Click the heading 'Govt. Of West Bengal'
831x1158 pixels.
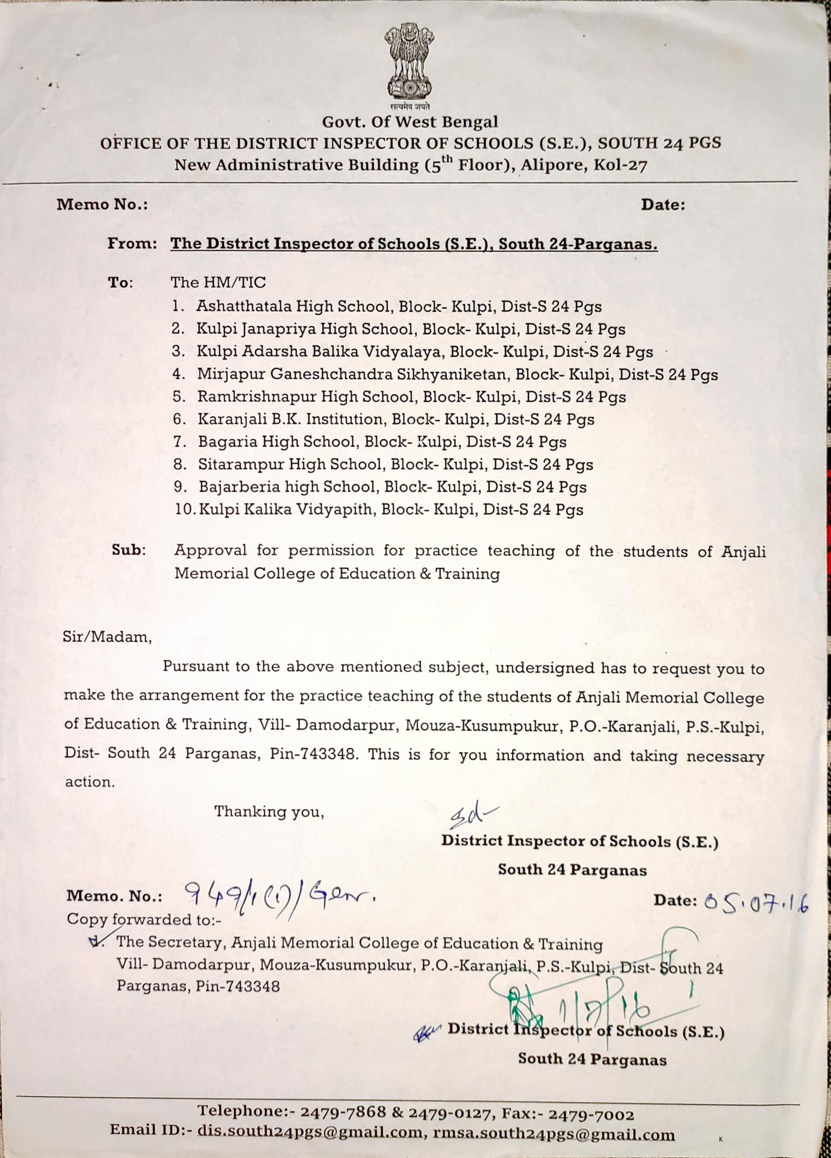click(x=410, y=122)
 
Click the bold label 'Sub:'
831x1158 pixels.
click(x=129, y=551)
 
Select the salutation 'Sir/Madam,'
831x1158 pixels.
click(x=107, y=638)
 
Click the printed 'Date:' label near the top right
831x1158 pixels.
click(x=662, y=205)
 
